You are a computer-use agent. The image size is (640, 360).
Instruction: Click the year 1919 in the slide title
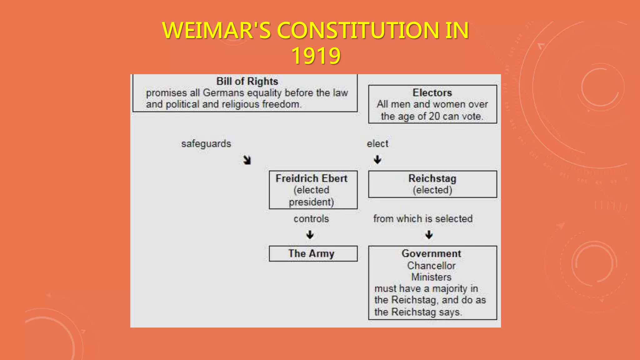click(x=316, y=56)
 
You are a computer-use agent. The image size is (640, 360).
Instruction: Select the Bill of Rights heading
click(x=247, y=81)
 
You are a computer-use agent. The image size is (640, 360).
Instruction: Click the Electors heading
click(x=432, y=92)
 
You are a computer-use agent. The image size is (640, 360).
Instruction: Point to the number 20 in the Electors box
click(x=434, y=116)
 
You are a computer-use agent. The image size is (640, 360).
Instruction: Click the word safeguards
click(x=206, y=144)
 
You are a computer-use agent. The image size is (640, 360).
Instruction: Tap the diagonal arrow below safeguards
click(x=247, y=160)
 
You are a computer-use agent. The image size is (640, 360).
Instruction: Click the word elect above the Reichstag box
click(x=377, y=144)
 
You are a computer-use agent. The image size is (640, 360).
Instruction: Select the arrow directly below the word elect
click(x=377, y=160)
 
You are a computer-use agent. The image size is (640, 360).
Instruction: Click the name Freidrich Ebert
click(x=312, y=178)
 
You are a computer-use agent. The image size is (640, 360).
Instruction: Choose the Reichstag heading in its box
click(x=432, y=178)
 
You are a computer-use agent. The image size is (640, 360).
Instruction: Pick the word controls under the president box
click(x=311, y=219)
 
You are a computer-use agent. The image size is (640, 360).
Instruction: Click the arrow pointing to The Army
click(x=310, y=235)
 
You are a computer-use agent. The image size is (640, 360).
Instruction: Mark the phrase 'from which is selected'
click(x=423, y=219)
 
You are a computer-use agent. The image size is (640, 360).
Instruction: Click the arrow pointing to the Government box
click(x=429, y=235)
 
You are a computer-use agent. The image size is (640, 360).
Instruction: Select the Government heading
click(x=431, y=253)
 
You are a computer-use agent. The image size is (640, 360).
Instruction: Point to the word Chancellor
click(x=431, y=266)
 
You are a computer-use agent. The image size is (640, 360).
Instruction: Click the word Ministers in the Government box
click(x=431, y=277)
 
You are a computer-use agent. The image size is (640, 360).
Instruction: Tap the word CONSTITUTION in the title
click(x=357, y=31)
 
